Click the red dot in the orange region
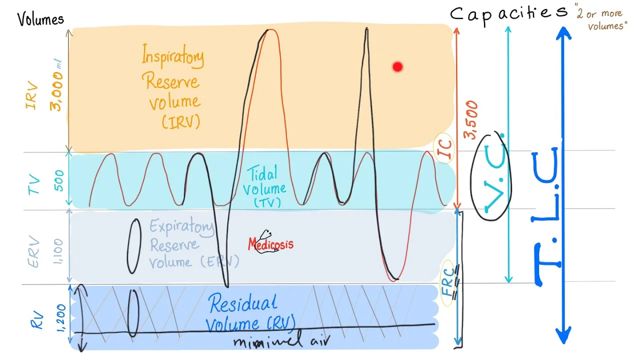[397, 66]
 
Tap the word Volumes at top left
[40, 19]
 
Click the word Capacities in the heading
[508, 13]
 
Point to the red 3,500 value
[471, 120]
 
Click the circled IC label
[445, 148]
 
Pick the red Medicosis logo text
[270, 244]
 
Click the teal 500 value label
[58, 180]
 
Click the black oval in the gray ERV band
[133, 246]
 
